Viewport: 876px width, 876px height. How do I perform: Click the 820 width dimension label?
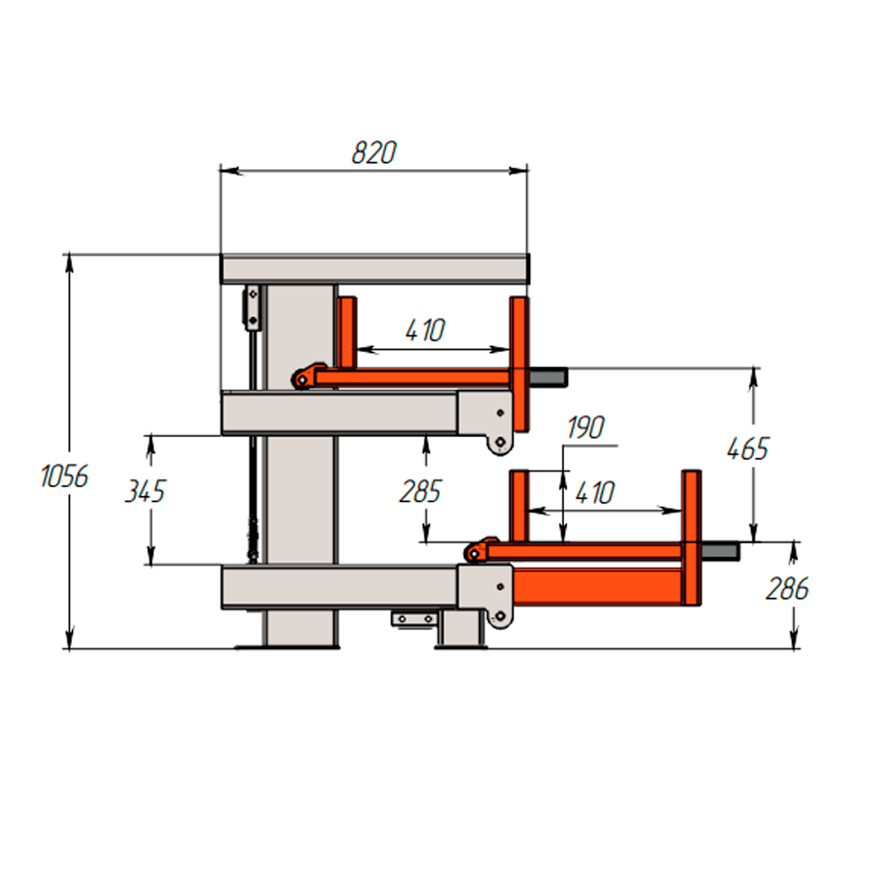click(374, 152)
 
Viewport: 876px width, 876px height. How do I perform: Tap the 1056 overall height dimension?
click(64, 477)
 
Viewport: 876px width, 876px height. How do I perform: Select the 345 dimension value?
click(145, 491)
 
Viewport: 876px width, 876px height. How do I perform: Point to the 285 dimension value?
click(420, 491)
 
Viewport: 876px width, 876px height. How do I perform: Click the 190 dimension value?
click(585, 428)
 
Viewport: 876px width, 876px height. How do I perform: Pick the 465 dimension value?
click(748, 449)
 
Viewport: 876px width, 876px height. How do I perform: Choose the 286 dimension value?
click(788, 589)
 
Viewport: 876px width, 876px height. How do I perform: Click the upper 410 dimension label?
click(425, 330)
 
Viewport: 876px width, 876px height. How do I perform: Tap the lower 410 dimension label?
click(595, 493)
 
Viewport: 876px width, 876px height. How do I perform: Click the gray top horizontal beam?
click(375, 269)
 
